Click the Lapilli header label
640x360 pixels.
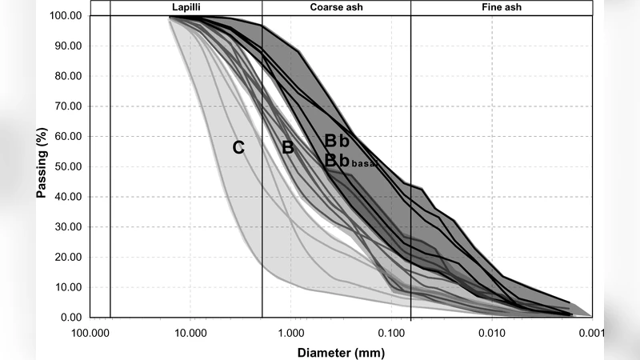(186, 7)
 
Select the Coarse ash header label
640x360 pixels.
(337, 7)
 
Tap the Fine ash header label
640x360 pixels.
(501, 7)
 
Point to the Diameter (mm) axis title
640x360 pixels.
(341, 352)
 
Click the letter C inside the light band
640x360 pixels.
(238, 147)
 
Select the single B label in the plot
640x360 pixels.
(288, 147)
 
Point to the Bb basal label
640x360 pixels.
(349, 161)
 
